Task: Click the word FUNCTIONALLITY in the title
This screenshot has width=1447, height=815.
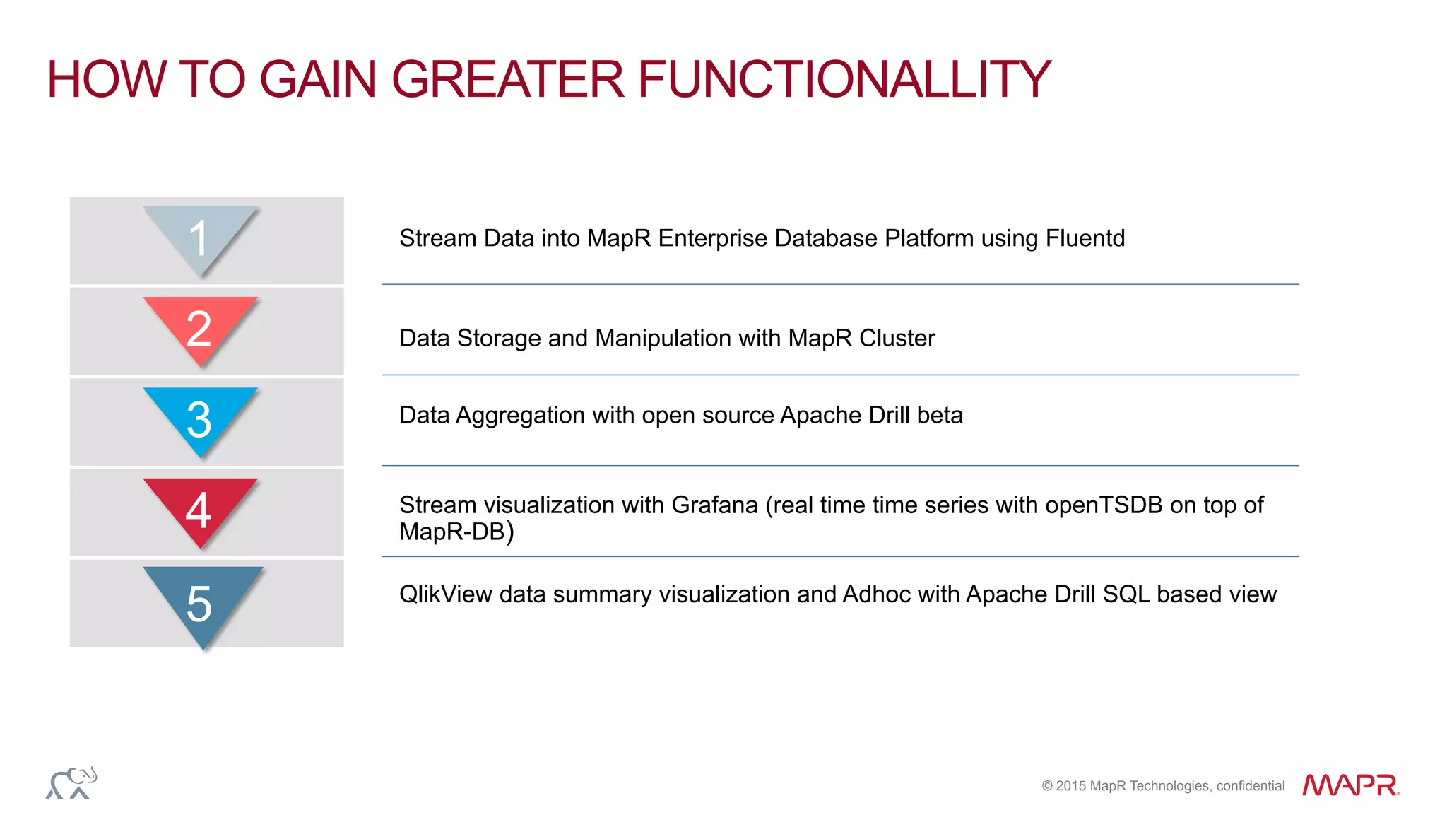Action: (844, 79)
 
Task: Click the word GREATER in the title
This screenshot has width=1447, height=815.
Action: (507, 79)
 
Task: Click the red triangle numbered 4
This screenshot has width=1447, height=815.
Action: (200, 508)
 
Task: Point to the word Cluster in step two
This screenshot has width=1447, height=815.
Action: (897, 338)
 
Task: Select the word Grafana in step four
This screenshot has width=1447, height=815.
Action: (714, 505)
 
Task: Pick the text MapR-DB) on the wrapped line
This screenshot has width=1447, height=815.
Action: (456, 532)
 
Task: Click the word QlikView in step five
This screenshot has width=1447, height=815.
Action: (445, 594)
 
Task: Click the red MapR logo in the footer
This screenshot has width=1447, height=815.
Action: (1350, 785)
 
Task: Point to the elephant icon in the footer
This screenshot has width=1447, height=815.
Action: (71, 783)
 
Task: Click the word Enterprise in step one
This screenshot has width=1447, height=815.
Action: (712, 238)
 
